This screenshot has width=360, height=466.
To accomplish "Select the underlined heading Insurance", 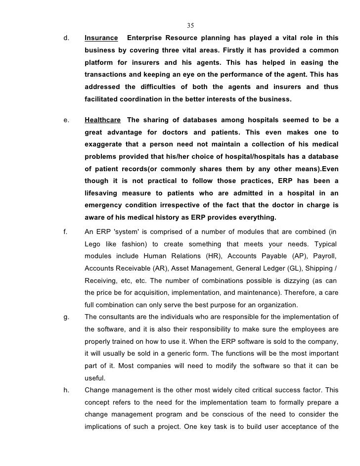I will click(x=101, y=38).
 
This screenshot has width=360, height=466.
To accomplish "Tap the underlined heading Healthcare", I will click(x=102, y=120).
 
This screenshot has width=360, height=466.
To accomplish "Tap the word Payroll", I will click(x=323, y=256).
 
